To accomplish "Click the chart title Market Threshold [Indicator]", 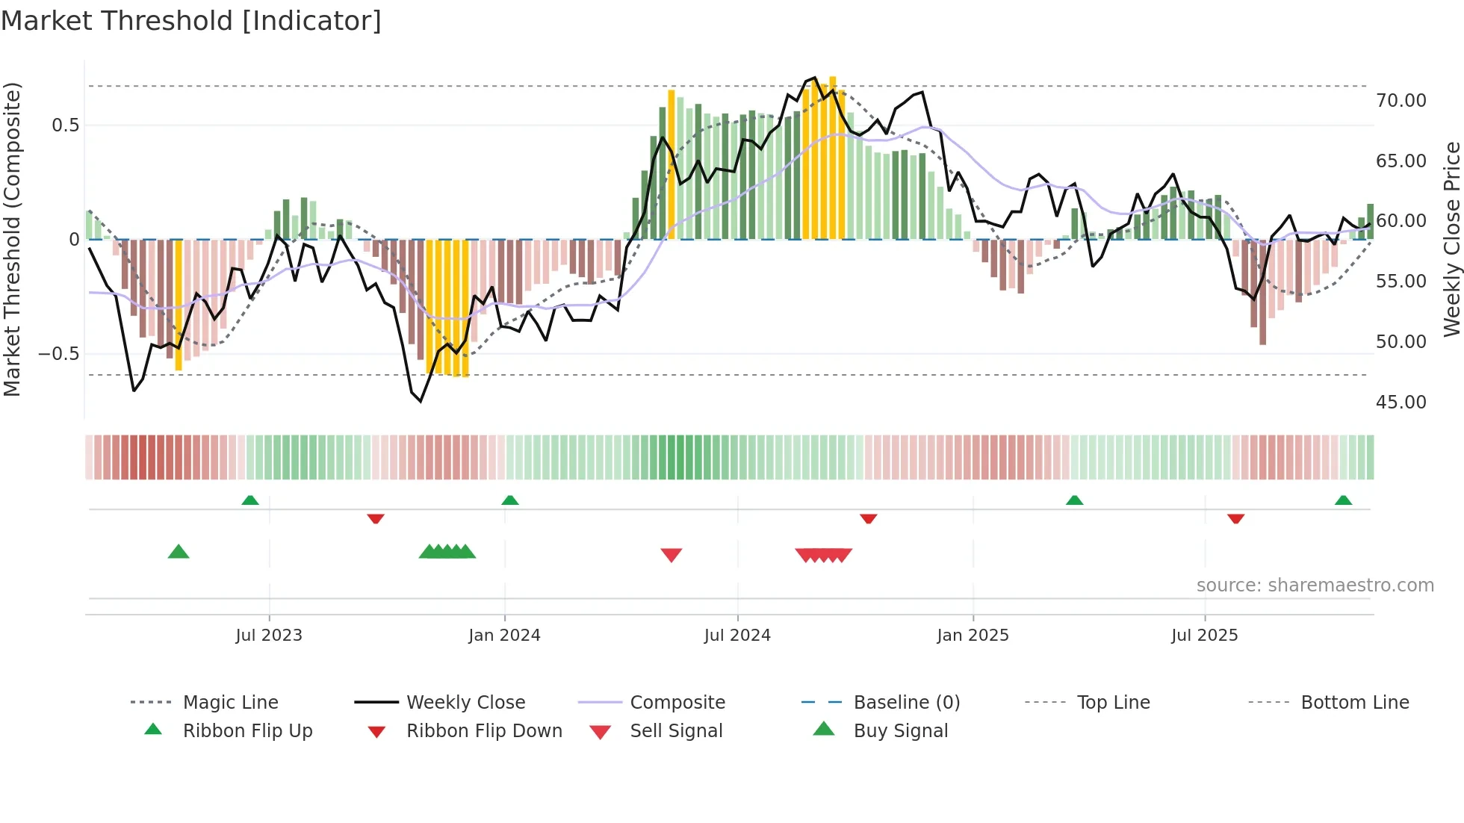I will tap(191, 21).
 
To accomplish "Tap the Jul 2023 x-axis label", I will tap(269, 636).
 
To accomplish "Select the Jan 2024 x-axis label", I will tap(504, 636).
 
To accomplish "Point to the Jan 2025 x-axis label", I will tap(973, 636).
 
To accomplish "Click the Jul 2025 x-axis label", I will tap(1204, 636).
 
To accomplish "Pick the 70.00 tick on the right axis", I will tap(1401, 101).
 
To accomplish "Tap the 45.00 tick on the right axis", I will tap(1401, 403).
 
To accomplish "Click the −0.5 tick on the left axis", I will tap(58, 354).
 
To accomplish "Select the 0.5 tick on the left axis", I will tap(65, 125).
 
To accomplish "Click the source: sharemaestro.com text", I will tap(1315, 586).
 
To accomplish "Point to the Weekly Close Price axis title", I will tap(1451, 239).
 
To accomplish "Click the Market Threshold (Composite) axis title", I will tap(12, 239).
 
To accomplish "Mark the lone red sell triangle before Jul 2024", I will tap(671, 555).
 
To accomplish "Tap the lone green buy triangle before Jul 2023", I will tap(179, 552).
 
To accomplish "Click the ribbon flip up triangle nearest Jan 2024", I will tap(510, 500).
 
